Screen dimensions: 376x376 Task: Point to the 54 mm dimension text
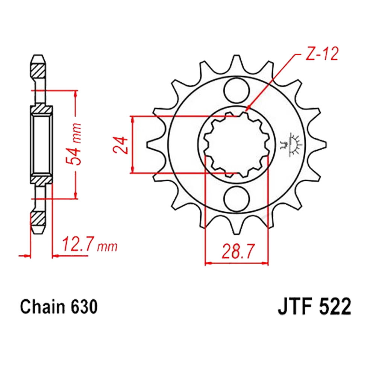pyautogui.click(x=76, y=144)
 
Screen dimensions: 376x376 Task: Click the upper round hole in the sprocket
pyautogui.click(x=237, y=90)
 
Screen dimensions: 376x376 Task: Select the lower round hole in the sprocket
pyautogui.click(x=237, y=199)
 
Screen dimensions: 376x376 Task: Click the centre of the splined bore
pyautogui.click(x=237, y=145)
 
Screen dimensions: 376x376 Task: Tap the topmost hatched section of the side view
pyautogui.click(x=39, y=70)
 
